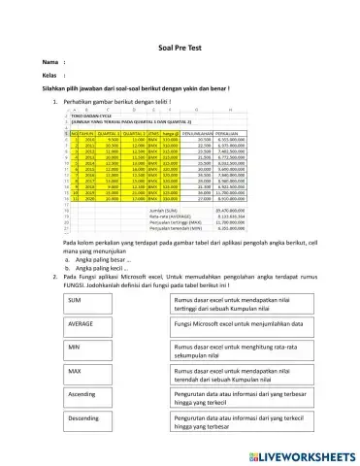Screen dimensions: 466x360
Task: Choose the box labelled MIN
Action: pos(108,348)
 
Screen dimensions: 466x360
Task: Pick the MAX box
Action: pos(108,373)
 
